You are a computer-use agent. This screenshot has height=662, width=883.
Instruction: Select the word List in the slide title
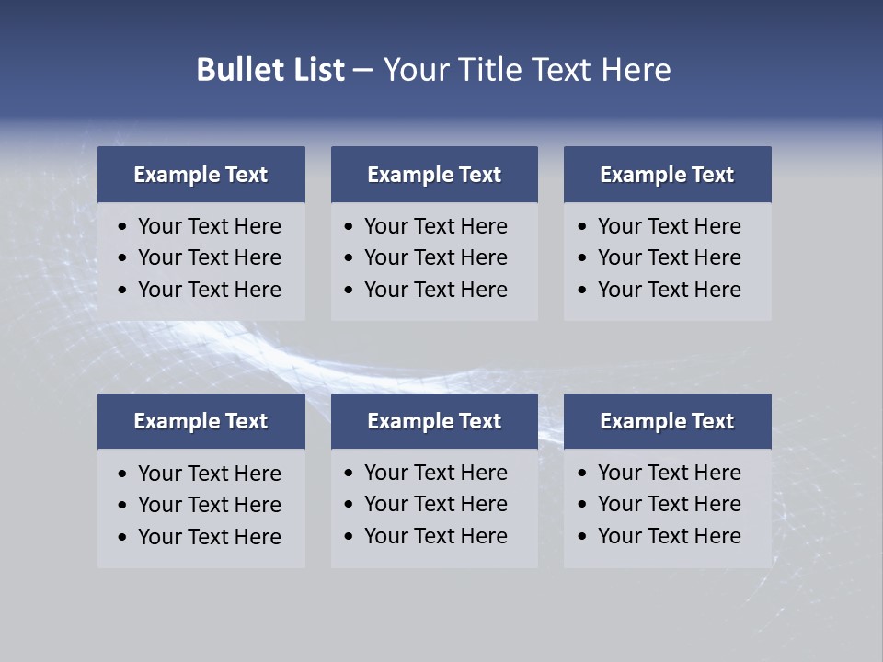click(317, 70)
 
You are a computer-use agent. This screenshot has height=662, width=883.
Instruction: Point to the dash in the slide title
click(362, 70)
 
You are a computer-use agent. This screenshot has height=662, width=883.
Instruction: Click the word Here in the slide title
click(636, 70)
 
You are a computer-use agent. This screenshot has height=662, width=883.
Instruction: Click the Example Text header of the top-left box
click(201, 175)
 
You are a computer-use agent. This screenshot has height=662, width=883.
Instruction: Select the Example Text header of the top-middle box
click(434, 175)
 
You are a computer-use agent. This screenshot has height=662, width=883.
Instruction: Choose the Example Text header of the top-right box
click(667, 175)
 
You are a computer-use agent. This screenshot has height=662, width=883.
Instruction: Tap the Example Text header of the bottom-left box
click(201, 421)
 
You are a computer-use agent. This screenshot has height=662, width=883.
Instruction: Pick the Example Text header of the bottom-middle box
click(434, 421)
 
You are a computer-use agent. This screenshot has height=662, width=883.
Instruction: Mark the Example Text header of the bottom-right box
click(667, 421)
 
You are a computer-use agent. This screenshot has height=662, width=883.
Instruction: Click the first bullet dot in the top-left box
click(122, 227)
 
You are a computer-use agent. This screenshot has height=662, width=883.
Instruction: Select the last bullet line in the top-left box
click(209, 290)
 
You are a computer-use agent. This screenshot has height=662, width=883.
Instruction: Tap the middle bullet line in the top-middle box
click(435, 257)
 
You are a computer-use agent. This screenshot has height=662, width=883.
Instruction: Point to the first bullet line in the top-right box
click(669, 226)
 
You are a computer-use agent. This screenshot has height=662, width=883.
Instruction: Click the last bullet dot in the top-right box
click(582, 291)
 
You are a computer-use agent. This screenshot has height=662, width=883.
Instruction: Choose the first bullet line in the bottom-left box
click(209, 474)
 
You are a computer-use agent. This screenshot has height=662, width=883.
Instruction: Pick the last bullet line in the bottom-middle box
click(435, 536)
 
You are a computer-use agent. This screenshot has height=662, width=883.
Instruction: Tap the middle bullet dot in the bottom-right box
click(582, 505)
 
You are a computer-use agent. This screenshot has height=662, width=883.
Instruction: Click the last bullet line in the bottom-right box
click(669, 536)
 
